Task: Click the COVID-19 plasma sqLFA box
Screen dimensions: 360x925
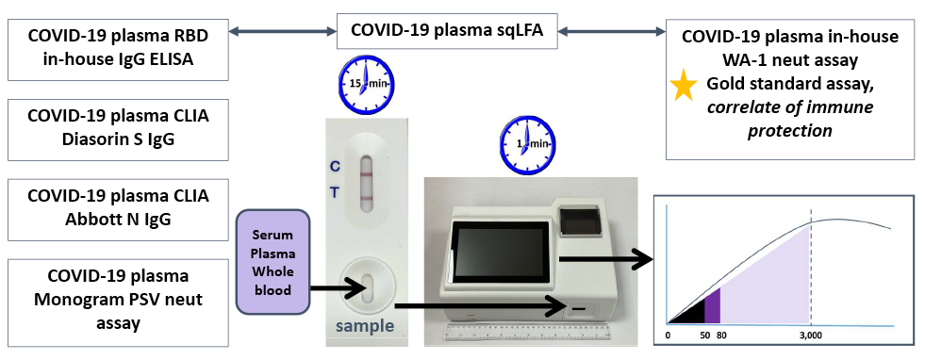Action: (447, 30)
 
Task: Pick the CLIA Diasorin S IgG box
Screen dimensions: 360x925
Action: (118, 128)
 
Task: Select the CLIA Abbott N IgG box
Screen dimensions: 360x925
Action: (118, 207)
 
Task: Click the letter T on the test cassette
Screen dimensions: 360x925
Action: (335, 193)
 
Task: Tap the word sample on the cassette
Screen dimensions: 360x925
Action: (366, 327)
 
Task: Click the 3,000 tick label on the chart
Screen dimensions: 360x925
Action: (810, 335)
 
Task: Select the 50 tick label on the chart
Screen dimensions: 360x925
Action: (703, 335)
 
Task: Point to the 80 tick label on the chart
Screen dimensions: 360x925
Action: (721, 335)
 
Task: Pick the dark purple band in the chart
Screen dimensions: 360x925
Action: (714, 306)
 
